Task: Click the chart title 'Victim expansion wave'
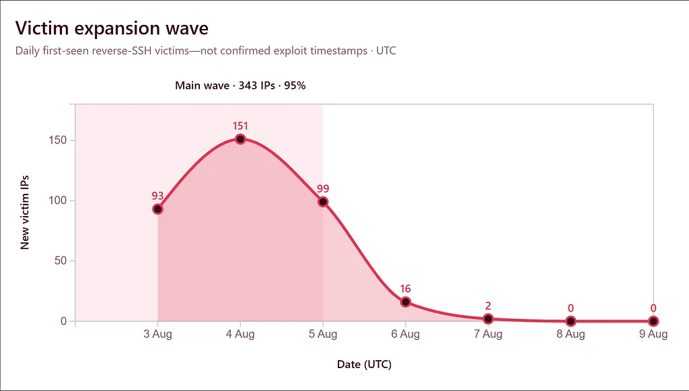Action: click(x=112, y=28)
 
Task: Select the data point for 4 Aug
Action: click(x=240, y=139)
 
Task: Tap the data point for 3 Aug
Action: click(x=157, y=209)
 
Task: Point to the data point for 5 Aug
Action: click(x=323, y=202)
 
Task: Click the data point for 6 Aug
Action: click(x=406, y=301)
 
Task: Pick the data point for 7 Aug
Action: click(x=488, y=319)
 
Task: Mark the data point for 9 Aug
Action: click(x=653, y=321)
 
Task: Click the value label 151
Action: click(x=240, y=126)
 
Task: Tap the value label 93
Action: click(x=157, y=196)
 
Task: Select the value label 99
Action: click(x=323, y=189)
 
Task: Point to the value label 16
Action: click(x=405, y=289)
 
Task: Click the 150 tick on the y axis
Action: click(x=58, y=140)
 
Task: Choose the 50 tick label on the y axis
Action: click(x=61, y=260)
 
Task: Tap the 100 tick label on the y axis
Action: click(x=58, y=201)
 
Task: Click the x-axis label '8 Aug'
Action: click(x=571, y=334)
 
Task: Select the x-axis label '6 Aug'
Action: click(x=406, y=334)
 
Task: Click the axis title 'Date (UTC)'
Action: click(x=364, y=364)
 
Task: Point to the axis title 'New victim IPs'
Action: click(x=25, y=213)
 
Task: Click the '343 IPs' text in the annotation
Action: click(x=256, y=85)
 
